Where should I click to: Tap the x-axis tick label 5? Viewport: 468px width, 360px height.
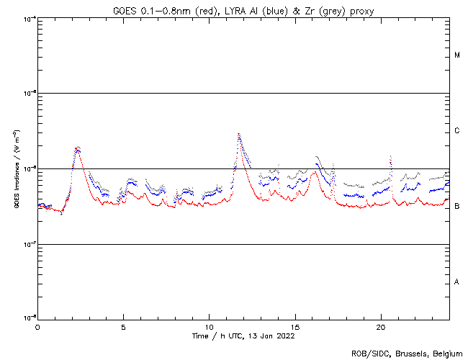(x=123, y=326)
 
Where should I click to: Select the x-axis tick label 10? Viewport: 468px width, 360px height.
(x=209, y=326)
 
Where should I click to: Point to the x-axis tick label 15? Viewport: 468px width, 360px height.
(x=295, y=326)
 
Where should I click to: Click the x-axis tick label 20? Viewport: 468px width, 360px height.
(x=381, y=326)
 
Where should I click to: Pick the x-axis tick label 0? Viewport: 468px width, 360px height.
(x=37, y=326)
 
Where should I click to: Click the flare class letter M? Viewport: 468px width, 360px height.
(x=457, y=55)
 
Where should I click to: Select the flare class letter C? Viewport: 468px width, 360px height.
(x=457, y=131)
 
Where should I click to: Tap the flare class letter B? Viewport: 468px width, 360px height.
(x=457, y=207)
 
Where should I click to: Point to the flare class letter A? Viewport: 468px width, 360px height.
(x=457, y=282)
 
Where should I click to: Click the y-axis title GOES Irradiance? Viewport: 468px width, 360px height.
(x=16, y=169)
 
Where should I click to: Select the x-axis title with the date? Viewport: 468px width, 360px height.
(x=243, y=336)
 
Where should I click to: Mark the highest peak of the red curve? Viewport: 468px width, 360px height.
(x=238, y=134)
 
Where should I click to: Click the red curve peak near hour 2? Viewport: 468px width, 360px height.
(x=77, y=148)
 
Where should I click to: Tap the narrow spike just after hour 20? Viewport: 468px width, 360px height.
(x=390, y=156)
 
